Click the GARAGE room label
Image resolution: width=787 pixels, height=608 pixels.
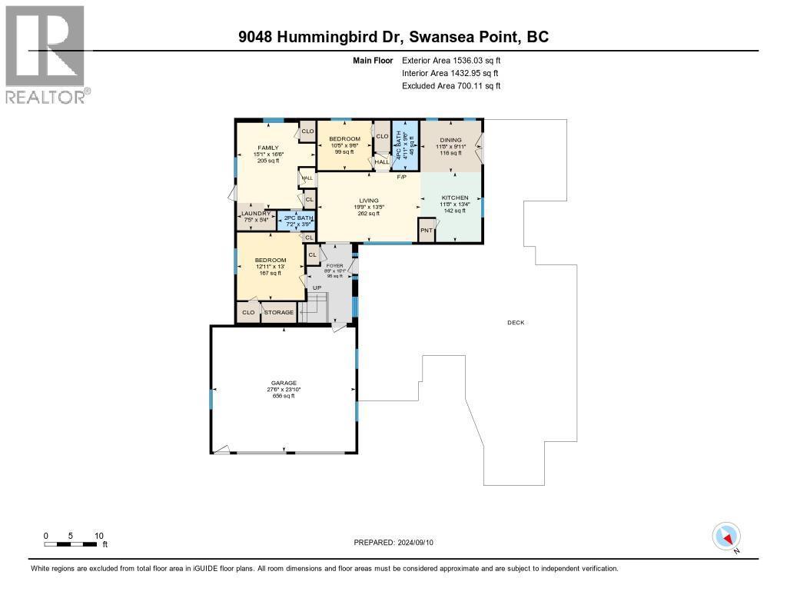[x=283, y=383]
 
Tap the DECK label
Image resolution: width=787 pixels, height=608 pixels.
[x=516, y=323]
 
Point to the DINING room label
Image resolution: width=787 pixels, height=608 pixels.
[x=450, y=140]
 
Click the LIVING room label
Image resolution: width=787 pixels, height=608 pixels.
[x=369, y=201]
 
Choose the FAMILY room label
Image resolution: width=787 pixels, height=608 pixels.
[x=267, y=148]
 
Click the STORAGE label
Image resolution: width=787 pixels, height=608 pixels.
[x=279, y=313]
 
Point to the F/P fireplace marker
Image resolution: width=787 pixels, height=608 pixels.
[x=401, y=178]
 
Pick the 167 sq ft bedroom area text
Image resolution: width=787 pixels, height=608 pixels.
[x=271, y=273]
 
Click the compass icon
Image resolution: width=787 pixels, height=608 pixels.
[x=726, y=536]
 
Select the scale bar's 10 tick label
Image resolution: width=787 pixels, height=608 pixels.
[x=99, y=535]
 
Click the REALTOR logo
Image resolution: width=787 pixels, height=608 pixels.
[x=46, y=54]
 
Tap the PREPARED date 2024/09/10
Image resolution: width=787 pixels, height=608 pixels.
[x=415, y=543]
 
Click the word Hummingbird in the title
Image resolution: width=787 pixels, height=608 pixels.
[x=340, y=37]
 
